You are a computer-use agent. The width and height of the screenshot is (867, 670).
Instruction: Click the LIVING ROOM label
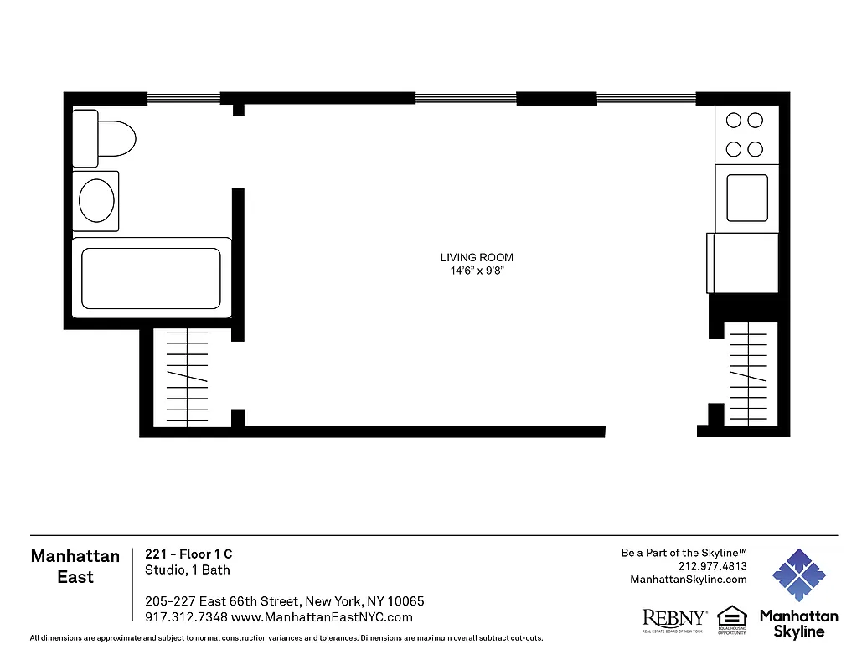point(477,258)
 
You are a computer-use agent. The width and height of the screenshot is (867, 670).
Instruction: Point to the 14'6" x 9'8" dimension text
point(477,271)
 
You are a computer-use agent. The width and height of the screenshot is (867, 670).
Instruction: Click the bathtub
point(151,278)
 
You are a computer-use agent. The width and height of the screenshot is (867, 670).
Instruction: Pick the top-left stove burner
point(734,121)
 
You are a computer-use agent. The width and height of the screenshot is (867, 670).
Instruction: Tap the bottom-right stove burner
point(755,149)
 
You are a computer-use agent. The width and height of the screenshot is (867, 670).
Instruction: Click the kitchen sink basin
point(746,198)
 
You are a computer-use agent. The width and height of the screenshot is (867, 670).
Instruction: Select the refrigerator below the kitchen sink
point(743,263)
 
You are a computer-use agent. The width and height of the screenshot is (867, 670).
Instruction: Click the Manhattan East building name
point(75,566)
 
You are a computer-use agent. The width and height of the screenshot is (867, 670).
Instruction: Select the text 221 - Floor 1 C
point(188,554)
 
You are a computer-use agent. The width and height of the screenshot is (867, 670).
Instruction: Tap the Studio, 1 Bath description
point(188,570)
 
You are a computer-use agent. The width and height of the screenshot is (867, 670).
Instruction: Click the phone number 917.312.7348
point(180,617)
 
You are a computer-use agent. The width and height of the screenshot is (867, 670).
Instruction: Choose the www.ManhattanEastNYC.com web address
point(322,617)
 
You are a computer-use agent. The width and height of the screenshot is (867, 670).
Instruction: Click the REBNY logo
point(673,620)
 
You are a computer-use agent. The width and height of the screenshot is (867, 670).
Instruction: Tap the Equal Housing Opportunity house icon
point(731,616)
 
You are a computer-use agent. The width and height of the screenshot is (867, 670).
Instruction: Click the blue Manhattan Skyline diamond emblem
point(798,575)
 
